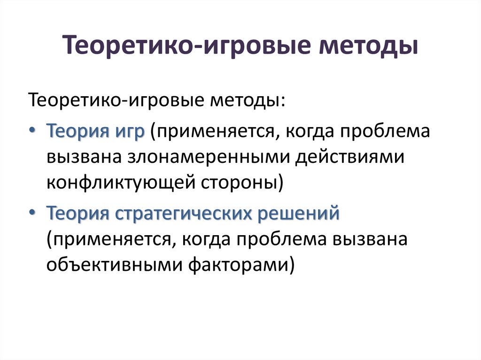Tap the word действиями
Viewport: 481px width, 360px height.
pyautogui.click(x=350, y=156)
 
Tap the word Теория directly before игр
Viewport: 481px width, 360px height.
pyautogui.click(x=77, y=130)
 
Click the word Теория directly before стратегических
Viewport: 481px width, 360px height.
pyautogui.click(x=77, y=214)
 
